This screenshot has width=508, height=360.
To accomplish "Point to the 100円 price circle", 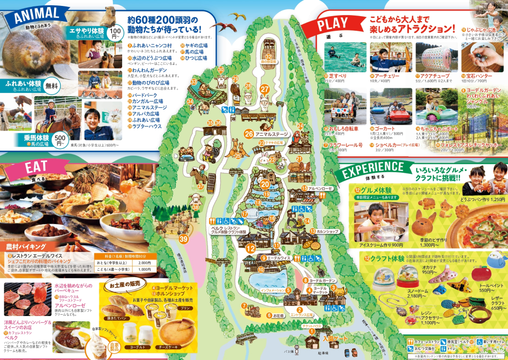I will tap(115, 33).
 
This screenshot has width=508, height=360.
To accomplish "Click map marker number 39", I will tap(184, 239).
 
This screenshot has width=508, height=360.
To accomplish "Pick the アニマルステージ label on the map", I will tap(271, 134).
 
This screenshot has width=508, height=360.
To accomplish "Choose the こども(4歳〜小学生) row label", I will tap(111, 270).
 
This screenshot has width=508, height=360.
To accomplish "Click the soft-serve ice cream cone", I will tap(98, 344).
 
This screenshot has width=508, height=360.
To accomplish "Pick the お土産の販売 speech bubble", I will tap(123, 286).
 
